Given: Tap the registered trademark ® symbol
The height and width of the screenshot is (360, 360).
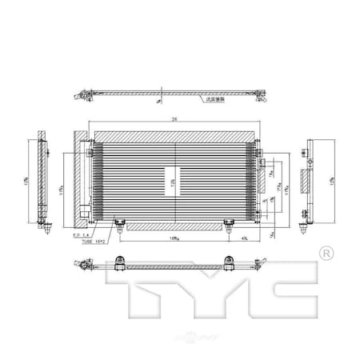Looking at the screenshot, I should [x=326, y=254].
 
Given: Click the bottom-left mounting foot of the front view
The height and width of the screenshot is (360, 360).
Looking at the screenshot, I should [x=119, y=225].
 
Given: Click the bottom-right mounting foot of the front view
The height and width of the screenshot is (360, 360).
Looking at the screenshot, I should [x=231, y=225].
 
